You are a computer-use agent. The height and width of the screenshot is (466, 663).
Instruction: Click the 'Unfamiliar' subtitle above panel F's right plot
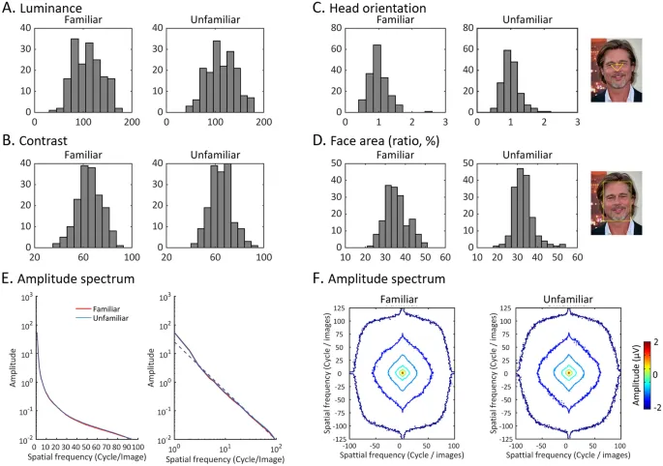(568, 300)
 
